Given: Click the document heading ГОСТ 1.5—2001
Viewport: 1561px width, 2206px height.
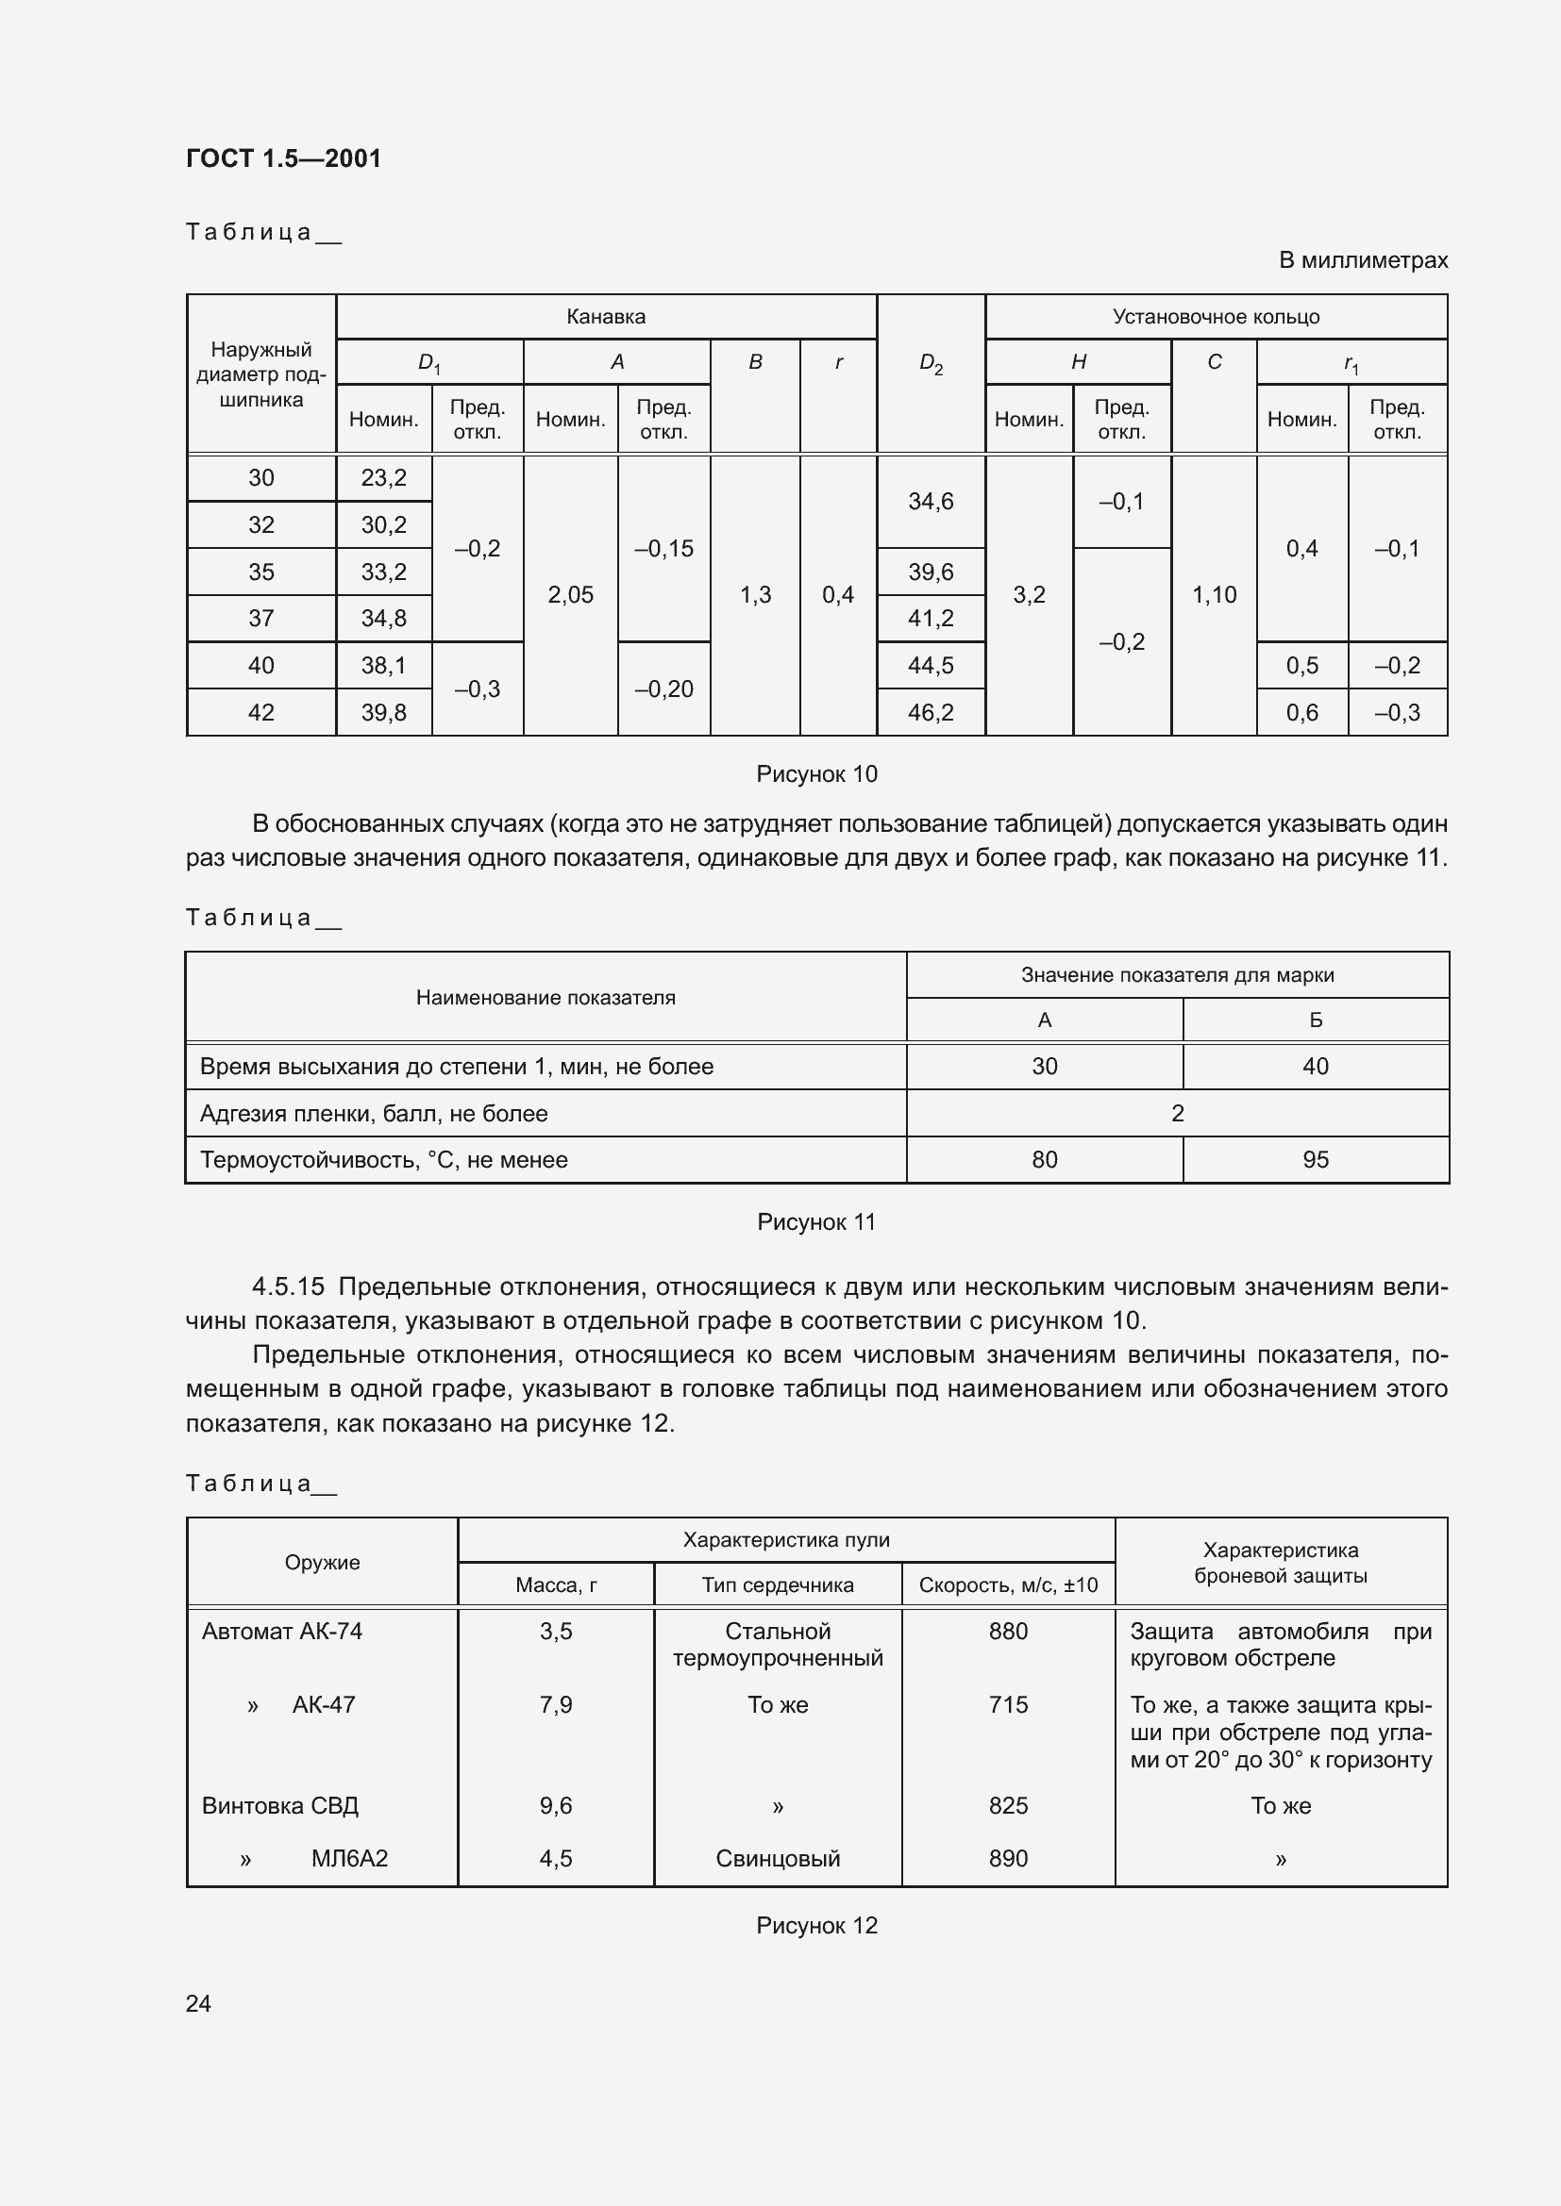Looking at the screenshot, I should pos(283,158).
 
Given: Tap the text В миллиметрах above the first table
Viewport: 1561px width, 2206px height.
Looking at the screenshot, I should pos(1362,260).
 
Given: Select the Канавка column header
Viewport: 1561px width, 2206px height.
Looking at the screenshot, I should pos(606,317).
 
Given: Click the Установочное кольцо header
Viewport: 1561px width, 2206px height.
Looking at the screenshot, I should pos(1215,317).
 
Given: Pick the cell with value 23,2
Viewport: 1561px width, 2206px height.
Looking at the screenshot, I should pos(383,478).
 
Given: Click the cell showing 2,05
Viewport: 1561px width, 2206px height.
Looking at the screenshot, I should pos(570,595).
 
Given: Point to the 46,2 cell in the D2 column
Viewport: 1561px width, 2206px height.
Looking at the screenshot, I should pos(931,712).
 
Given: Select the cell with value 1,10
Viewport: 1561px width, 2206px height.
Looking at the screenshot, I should pos(1214,595).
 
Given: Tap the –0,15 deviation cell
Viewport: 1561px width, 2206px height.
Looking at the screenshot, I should pos(663,549).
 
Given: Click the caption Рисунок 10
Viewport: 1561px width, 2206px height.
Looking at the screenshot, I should pos(816,774).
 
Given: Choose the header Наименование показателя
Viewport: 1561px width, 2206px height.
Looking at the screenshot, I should pos(545,997).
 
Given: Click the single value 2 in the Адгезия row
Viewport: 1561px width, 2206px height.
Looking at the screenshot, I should pos(1177,1114).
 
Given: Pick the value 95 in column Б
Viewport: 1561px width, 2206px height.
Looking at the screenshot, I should pos(1315,1160).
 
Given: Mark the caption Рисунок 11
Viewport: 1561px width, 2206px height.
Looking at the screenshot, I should pos(816,1222).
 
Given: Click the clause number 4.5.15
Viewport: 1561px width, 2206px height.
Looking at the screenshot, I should pos(289,1286).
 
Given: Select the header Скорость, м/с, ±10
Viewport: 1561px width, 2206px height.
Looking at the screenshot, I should pos(1007,1585).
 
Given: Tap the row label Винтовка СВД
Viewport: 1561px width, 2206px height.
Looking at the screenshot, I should pos(279,1805).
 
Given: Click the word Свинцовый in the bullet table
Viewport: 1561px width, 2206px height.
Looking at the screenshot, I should pos(778,1858).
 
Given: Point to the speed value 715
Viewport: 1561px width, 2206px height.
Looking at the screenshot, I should pos(1007,1704).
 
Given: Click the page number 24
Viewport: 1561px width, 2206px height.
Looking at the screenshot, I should pos(198,2003).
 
